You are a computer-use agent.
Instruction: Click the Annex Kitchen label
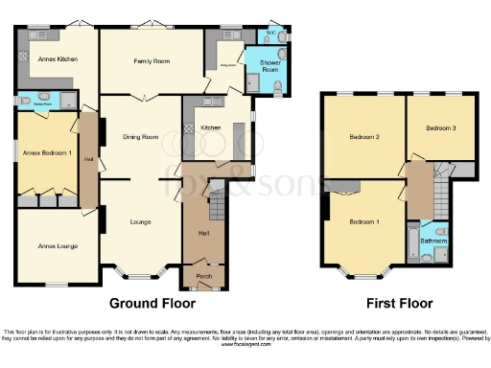(57, 60)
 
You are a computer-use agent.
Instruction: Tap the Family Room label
(151, 61)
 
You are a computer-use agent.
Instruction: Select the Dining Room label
(141, 137)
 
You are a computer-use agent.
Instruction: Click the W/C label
(270, 32)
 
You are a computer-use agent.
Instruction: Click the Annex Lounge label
(58, 246)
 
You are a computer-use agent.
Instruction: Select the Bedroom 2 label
(364, 138)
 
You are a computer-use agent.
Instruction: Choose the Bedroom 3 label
(441, 128)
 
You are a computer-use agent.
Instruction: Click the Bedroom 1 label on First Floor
(364, 222)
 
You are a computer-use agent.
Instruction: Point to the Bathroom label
(433, 241)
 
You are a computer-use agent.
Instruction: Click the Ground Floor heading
(153, 304)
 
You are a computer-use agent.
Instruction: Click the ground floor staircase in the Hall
(216, 204)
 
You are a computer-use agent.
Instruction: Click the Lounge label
(141, 222)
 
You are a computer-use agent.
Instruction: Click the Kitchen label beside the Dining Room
(211, 127)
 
